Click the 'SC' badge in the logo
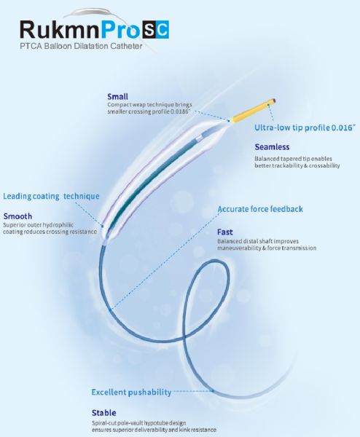click(156, 29)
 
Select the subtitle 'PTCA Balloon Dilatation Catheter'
click(81, 46)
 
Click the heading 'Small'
click(117, 97)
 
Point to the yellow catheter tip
click(252, 111)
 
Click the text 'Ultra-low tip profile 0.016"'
click(305, 127)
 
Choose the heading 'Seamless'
click(272, 147)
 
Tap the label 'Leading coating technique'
click(51, 196)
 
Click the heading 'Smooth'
click(17, 216)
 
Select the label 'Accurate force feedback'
click(260, 209)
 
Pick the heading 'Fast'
click(224, 232)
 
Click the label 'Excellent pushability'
click(131, 392)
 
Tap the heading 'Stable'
click(104, 413)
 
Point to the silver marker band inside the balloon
click(199, 138)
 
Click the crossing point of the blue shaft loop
click(184, 338)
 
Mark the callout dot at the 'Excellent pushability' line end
click(213, 391)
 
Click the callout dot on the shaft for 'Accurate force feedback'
click(111, 310)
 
